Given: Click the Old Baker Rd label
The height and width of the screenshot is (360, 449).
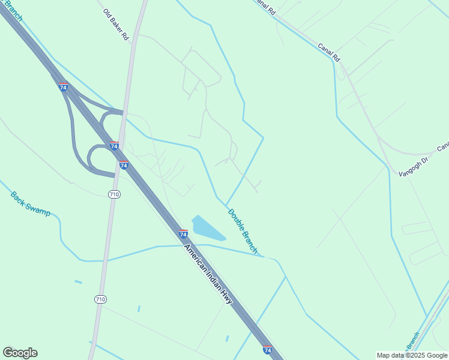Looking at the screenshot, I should click(x=116, y=25).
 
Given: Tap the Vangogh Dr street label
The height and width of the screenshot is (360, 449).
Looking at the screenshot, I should click(x=415, y=166).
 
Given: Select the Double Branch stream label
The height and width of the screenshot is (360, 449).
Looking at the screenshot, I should click(x=243, y=231).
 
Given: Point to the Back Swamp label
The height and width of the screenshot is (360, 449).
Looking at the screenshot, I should click(x=31, y=204).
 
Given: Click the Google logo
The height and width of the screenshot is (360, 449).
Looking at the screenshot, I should click(x=20, y=353).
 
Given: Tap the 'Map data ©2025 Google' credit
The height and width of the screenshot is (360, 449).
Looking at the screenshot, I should click(x=412, y=356).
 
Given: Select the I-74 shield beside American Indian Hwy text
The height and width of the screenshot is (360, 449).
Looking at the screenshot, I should click(x=184, y=233).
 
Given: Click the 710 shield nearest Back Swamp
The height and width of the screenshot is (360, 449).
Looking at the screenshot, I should click(x=115, y=194).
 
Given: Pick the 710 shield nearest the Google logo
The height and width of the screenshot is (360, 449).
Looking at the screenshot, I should click(x=100, y=299).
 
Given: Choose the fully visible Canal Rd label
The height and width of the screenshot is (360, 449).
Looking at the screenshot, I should click(x=329, y=52).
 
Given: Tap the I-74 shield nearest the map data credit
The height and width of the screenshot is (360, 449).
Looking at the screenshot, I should click(x=267, y=349).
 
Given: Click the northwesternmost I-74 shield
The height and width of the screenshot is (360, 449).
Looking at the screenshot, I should click(x=64, y=87).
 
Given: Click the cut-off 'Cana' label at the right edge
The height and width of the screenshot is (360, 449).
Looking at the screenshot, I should click(x=442, y=146).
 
